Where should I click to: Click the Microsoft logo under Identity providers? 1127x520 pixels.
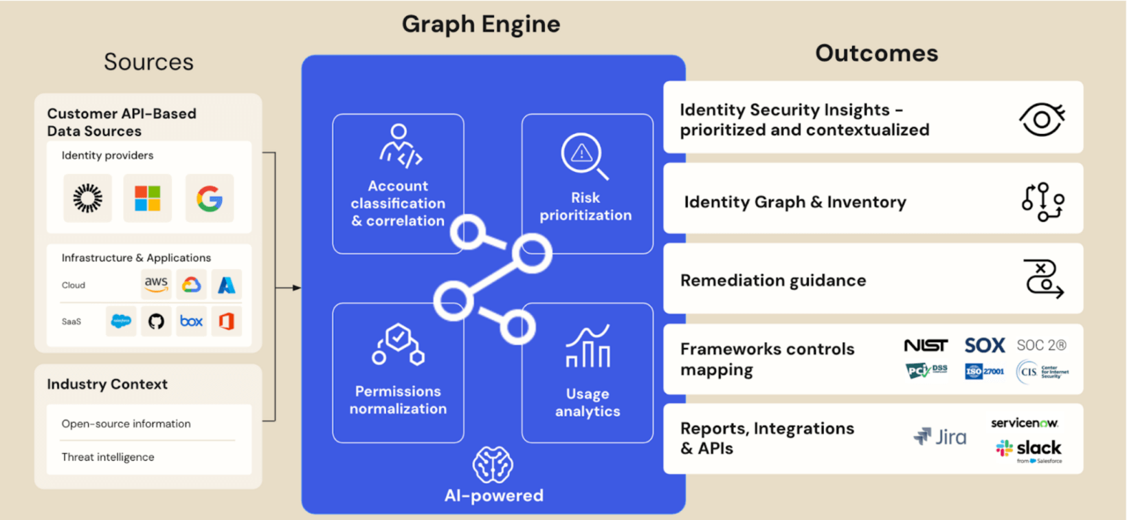(147, 198)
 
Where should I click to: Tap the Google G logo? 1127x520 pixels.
(210, 199)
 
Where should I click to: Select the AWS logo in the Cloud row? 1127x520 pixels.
(156, 283)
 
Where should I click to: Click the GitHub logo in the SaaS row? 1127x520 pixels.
(156, 321)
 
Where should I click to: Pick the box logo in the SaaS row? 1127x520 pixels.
(191, 321)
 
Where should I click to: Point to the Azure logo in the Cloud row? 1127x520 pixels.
(226, 284)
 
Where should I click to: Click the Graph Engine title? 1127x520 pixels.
(481, 24)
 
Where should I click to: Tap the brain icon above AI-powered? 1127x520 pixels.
(493, 465)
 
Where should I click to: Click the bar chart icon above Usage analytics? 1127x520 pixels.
(588, 347)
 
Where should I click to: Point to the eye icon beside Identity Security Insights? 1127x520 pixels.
(1042, 120)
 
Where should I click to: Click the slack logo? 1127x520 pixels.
(1029, 448)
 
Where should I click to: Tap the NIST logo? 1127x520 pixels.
(926, 345)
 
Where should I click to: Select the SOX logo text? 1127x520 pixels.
(984, 345)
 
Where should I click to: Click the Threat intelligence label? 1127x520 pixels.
(108, 457)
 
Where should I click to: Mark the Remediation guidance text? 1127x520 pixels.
(773, 281)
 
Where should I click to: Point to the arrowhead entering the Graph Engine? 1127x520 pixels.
(296, 288)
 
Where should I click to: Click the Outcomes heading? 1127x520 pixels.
(876, 54)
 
